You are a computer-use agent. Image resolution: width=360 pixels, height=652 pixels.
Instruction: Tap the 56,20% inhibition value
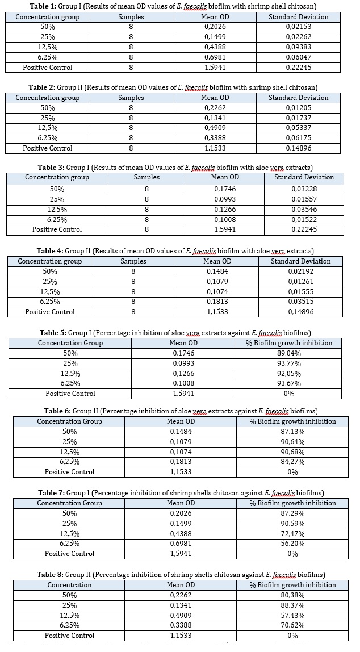tap(292, 544)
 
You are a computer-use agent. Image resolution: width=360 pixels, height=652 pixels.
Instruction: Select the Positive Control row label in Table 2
tap(48, 148)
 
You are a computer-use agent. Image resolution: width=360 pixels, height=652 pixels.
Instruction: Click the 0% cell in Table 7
tap(292, 554)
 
